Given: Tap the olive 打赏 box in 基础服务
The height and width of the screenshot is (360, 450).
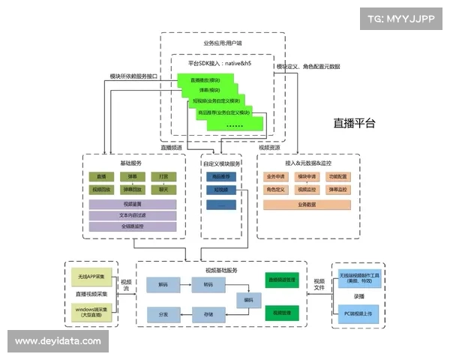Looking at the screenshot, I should coord(163,176).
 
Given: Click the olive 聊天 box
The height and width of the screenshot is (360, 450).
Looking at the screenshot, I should coord(163,190).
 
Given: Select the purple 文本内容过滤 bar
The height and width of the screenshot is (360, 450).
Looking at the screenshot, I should coord(133,214).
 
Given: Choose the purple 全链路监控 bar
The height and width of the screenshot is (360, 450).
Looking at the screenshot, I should coord(133,226).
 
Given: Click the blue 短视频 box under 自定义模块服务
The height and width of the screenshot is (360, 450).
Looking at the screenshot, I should coord(221,190).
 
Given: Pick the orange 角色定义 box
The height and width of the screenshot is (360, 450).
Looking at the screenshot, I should coord(276,190).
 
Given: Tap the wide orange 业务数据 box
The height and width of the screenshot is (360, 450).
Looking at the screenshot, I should coord(307,204).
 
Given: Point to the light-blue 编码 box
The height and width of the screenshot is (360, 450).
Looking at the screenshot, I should coord(248,299).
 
